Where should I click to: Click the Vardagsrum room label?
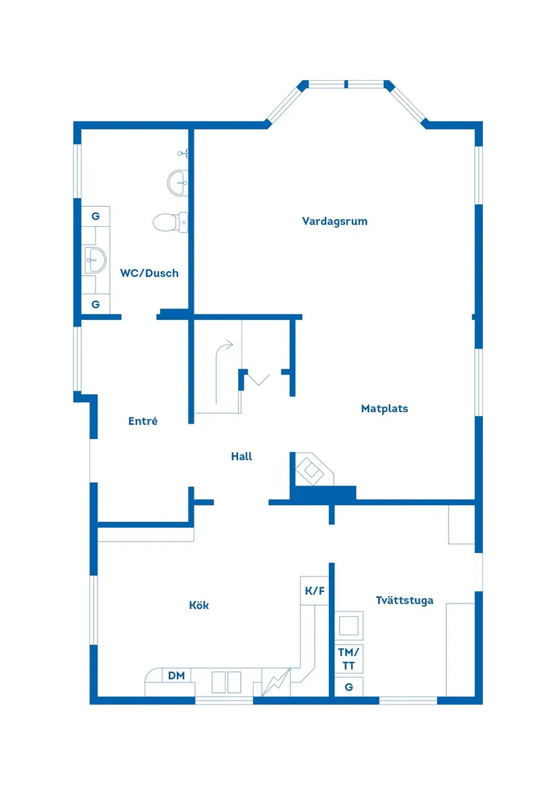(x=334, y=221)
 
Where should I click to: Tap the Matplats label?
(x=384, y=408)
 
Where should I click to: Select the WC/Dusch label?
(x=149, y=273)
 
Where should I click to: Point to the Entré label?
(x=143, y=421)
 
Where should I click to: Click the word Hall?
(x=242, y=456)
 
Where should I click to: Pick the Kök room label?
(x=198, y=605)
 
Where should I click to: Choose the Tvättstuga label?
(x=404, y=600)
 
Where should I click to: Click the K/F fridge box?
(x=315, y=591)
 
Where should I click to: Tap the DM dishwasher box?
(x=176, y=676)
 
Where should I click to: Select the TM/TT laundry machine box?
(x=349, y=658)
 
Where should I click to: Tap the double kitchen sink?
(x=226, y=682)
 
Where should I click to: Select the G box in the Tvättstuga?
(x=348, y=687)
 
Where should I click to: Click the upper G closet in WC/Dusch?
(x=96, y=216)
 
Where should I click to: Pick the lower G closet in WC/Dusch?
(x=96, y=304)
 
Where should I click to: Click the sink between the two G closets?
(x=96, y=259)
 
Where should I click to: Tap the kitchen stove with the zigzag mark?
(x=275, y=682)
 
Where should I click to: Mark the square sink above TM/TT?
(x=349, y=625)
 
